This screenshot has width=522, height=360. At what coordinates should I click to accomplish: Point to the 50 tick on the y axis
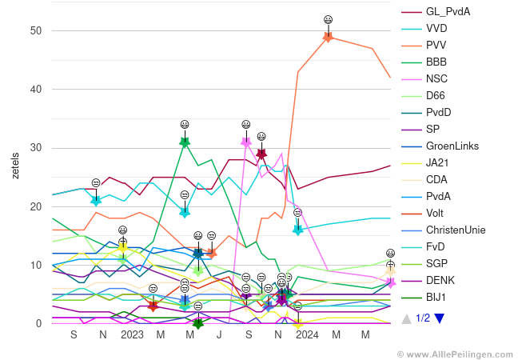coord(36,30)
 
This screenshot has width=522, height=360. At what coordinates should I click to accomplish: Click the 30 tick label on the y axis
coord(36,148)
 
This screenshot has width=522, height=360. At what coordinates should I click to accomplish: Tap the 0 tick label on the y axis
coord(38,324)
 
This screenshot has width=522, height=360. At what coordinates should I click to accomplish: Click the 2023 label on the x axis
coord(132,334)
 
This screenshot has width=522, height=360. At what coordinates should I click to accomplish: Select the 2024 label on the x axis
coord(307,334)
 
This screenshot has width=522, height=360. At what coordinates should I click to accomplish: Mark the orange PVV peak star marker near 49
coord(328,36)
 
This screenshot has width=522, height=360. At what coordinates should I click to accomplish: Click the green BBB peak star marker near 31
coord(185,142)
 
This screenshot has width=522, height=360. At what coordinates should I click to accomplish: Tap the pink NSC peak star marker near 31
coord(246,142)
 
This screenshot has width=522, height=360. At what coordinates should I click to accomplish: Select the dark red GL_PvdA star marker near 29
coord(261,154)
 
